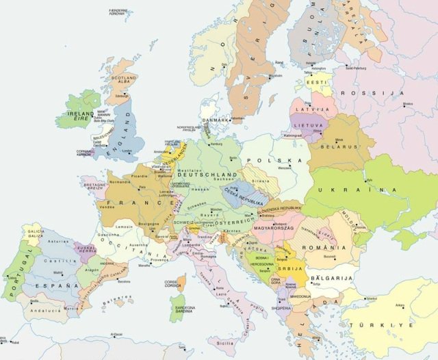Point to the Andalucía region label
click(48, 309)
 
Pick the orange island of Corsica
click(181, 282)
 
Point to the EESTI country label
click(315, 82)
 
